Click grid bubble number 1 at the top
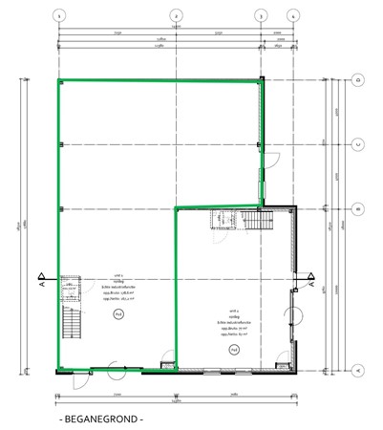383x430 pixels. tap(59, 16)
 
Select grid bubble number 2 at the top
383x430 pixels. tap(177, 16)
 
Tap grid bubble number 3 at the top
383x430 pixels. tap(261, 16)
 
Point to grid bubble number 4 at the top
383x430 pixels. tap(293, 16)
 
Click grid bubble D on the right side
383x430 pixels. tap(356, 81)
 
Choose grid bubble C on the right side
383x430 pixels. tap(356, 145)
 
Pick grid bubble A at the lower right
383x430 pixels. tap(356, 369)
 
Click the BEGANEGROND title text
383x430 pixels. tap(100, 419)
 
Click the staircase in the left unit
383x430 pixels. tap(70, 325)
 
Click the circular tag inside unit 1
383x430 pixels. tap(118, 312)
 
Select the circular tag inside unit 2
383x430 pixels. tap(233, 350)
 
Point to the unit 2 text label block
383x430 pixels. tap(233, 324)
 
